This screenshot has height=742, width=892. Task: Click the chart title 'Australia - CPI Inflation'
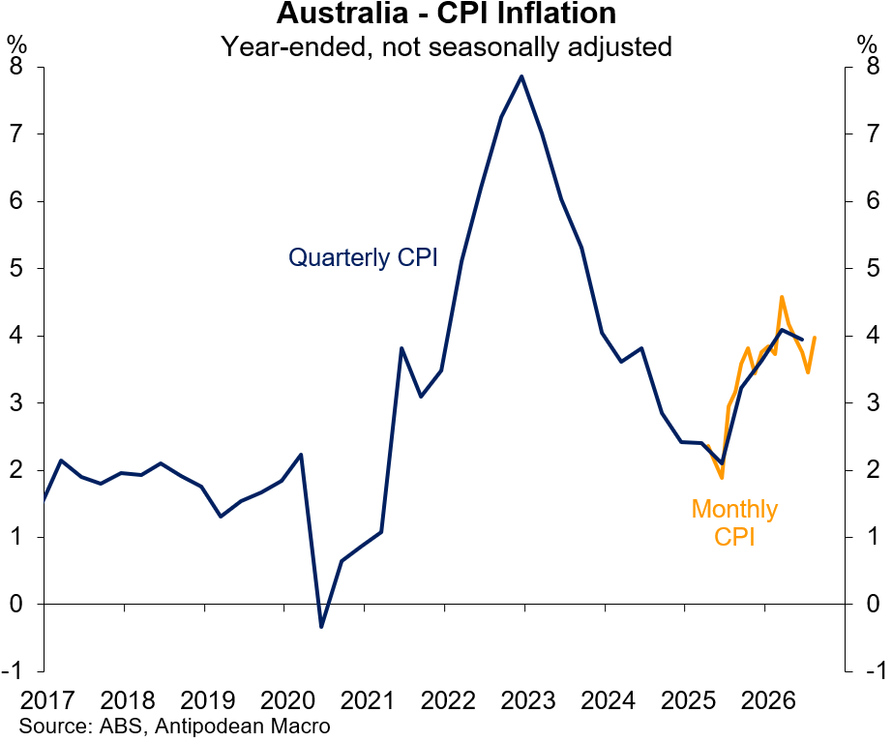pos(446,13)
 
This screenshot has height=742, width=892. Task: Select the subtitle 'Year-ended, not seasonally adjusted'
pos(447,46)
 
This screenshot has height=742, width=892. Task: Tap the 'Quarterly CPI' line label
pos(363,257)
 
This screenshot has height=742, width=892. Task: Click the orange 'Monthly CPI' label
pos(734,522)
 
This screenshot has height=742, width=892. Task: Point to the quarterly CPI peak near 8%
pos(521,76)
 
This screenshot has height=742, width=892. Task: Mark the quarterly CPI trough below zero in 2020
pos(321,627)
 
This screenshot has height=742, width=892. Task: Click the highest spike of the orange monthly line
pos(782,296)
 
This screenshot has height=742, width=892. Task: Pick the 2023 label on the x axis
pos(527,700)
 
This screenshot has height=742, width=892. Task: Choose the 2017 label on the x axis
pos(47,700)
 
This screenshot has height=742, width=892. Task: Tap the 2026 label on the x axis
pos(768,700)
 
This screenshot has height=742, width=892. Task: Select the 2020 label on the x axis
pos(287,700)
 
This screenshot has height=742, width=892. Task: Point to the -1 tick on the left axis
pos(13,670)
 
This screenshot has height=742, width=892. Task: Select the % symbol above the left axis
pos(16,45)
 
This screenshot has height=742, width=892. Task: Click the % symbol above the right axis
pos(867,45)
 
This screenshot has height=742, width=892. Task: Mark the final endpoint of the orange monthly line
pos(815,338)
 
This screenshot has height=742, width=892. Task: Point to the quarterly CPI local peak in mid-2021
pos(401,347)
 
